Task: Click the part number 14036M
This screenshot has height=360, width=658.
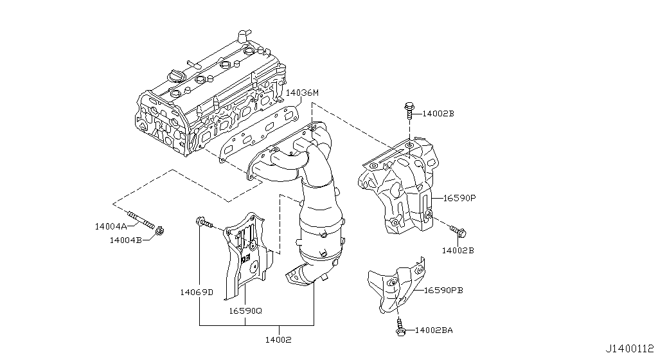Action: pos(302,93)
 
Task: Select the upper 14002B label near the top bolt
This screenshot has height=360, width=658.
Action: pos(438,113)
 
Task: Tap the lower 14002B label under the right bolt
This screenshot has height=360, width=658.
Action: pos(458,251)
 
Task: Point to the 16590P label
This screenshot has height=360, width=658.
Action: pos(459,197)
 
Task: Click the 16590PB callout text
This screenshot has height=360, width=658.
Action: pos(443,291)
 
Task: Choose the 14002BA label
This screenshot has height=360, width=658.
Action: pos(434,330)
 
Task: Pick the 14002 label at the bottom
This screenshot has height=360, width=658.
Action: pos(278,340)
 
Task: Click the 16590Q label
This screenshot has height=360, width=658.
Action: pos(245,311)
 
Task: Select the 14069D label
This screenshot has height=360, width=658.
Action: pos(197,292)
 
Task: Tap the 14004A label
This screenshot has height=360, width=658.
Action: pos(111,226)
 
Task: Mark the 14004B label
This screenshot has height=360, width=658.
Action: pos(126,240)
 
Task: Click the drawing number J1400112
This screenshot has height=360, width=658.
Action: pos(630,348)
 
